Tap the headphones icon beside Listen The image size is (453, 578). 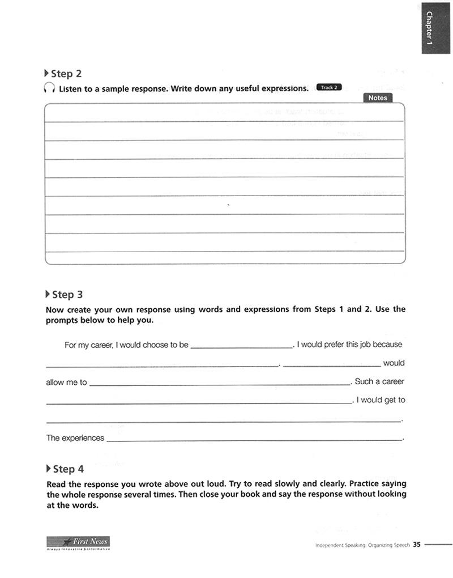(49, 88)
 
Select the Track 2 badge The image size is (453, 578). (329, 87)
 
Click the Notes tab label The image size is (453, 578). (378, 98)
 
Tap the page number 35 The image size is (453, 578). (417, 545)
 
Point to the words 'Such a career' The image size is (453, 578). (379, 381)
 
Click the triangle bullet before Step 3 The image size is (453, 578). (47, 294)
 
